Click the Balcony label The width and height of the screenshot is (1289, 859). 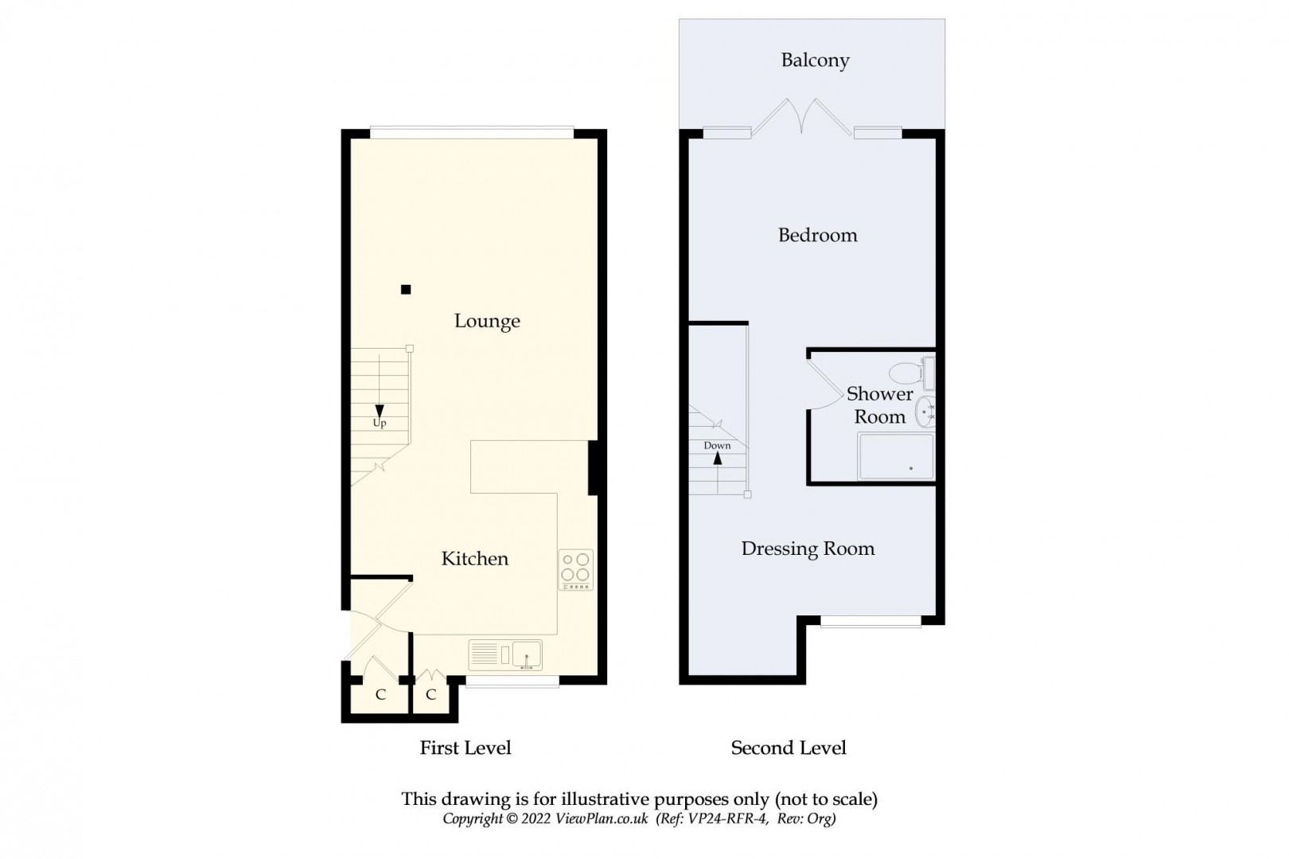coord(815,61)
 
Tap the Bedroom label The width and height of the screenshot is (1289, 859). coord(817,236)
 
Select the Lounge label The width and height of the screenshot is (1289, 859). coord(487,321)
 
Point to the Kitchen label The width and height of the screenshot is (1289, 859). coord(475,559)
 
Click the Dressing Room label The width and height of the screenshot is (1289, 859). coord(808,549)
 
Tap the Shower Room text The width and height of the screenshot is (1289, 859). coord(879,405)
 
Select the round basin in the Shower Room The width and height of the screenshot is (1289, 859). coord(925,412)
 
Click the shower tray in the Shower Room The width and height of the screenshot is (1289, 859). coord(895,456)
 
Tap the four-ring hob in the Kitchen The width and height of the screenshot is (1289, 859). coord(575,569)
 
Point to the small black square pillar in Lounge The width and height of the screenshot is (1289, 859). coord(406,290)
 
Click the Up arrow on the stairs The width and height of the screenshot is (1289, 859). coord(380,411)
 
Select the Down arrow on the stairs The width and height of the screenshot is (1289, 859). coord(718,458)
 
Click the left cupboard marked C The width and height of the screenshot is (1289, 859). coord(380,695)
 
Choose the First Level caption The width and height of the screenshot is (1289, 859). coord(465,748)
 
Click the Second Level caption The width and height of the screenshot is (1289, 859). coord(789,748)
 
